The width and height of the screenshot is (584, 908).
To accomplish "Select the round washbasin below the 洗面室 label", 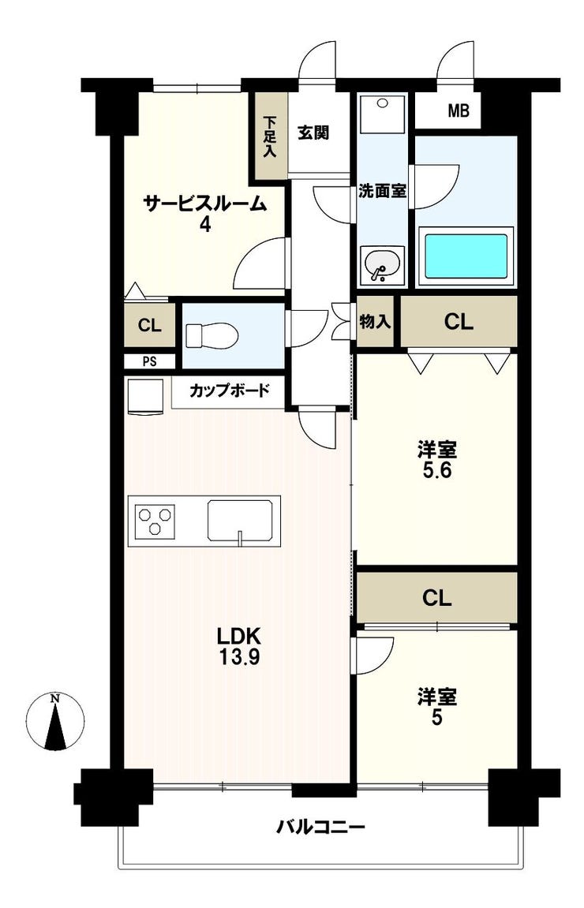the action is coord(383,265).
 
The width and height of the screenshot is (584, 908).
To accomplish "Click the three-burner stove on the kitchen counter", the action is coord(155,520).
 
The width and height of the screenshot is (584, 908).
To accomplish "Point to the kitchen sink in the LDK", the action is coord(241,519).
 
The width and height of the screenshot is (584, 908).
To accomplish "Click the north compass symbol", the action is coord(55,722).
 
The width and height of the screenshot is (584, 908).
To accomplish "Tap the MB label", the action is coord(459,110).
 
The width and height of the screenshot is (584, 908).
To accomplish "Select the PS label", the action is coord(149,363).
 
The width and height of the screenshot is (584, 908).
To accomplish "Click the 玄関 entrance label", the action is coord(313,133).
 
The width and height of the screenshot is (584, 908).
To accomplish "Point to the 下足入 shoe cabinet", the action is coord(270,136).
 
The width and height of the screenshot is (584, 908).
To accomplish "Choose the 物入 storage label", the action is coord(375,322).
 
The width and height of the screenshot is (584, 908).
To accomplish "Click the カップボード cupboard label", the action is coord(230,390).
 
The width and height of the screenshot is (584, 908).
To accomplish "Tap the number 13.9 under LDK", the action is coord(238,657).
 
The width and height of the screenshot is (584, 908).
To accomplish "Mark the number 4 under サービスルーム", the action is coord(205,224).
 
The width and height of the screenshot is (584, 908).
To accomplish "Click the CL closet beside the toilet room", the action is coord(149,326).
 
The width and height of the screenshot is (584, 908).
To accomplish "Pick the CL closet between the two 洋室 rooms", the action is coord(437,598).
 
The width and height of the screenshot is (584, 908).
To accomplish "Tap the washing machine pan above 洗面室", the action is coord(382,114).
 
